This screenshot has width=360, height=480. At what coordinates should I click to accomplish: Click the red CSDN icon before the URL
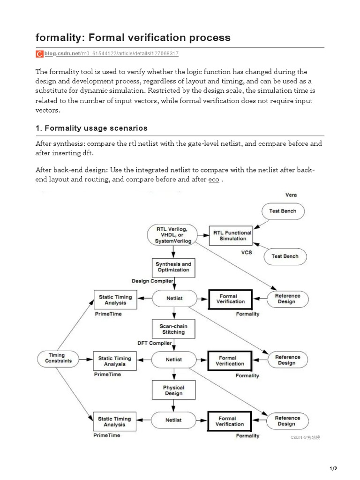[x=39, y=54]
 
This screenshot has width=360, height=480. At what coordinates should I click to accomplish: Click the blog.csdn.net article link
[x=111, y=54]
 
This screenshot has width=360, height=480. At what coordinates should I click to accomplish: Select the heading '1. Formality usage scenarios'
[x=91, y=128]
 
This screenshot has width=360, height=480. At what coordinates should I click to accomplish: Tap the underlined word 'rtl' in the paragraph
[x=132, y=143]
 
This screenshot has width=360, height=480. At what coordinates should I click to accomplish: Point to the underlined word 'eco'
[x=213, y=180]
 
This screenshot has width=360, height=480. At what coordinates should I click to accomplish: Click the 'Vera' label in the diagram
[x=291, y=195]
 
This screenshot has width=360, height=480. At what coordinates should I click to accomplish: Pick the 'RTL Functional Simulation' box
[x=232, y=235]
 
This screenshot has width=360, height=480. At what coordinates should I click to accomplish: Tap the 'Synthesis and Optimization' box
[x=173, y=267]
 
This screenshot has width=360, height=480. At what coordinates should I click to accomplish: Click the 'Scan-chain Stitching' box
[x=173, y=329]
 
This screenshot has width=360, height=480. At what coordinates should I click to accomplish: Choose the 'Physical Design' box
[x=173, y=390]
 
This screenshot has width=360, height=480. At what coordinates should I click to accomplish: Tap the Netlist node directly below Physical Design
[x=173, y=420]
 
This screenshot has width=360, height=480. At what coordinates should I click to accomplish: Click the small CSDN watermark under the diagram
[x=305, y=437]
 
